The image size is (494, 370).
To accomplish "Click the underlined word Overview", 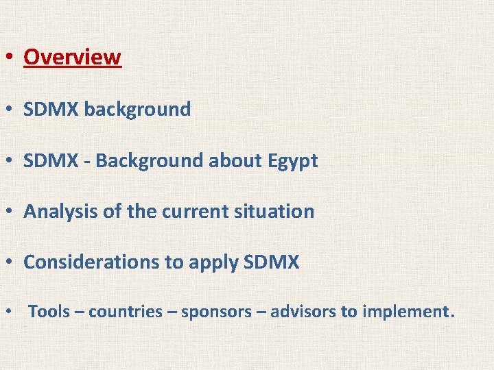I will point(72,57).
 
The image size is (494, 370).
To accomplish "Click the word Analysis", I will point(61,211).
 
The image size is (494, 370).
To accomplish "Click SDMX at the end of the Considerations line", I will point(272,262).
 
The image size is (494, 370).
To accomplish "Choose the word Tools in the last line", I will point(49,312).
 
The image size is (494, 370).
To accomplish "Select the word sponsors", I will point(217,312).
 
